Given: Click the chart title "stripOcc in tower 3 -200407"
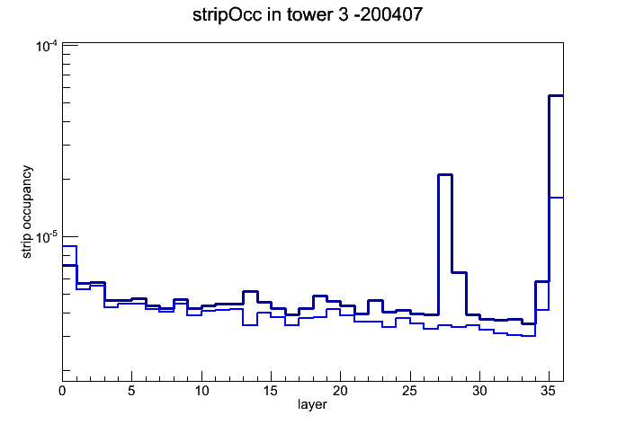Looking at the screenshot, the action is click(308, 14).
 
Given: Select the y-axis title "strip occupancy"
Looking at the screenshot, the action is click(26, 212).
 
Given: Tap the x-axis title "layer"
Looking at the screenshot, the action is click(312, 404).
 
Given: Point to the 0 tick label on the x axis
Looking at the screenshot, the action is click(62, 391).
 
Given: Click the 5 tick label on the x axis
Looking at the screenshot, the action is click(131, 391).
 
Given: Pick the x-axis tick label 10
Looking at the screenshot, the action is click(201, 391).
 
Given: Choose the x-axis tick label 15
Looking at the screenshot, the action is click(271, 391).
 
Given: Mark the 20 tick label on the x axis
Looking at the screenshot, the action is click(340, 391).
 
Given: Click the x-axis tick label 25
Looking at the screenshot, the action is click(409, 391).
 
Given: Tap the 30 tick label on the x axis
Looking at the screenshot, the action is click(479, 391).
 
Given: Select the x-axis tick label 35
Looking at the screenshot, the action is click(549, 391).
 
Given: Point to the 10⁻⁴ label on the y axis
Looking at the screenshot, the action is click(46, 47).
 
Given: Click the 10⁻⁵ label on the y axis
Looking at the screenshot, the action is click(46, 237).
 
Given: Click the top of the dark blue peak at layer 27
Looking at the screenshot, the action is click(445, 174).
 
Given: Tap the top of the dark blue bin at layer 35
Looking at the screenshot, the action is click(556, 96).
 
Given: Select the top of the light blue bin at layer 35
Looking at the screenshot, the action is click(556, 198).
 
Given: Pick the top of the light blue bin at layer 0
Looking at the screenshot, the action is click(69, 246).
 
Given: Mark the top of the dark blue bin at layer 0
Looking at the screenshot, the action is click(69, 265).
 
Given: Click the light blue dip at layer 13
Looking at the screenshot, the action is click(250, 325).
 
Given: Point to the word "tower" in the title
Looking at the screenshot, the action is click(309, 15).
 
